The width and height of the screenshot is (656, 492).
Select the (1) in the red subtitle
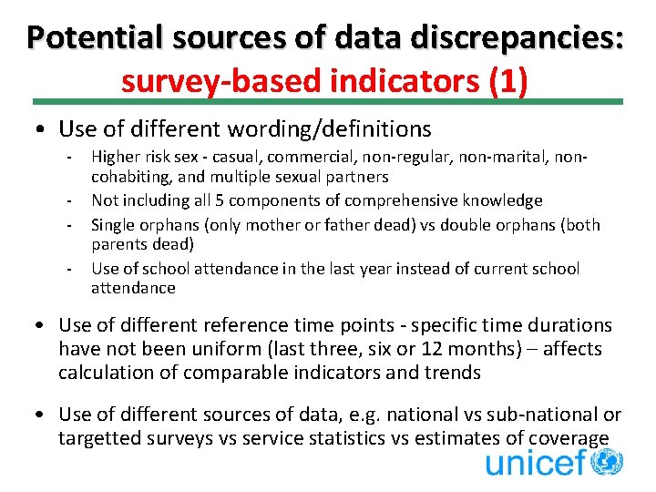[507, 80]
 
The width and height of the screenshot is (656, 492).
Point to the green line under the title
[328, 102]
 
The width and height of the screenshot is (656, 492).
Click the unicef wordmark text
[535, 463]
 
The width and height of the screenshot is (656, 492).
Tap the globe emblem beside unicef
[607, 461]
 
